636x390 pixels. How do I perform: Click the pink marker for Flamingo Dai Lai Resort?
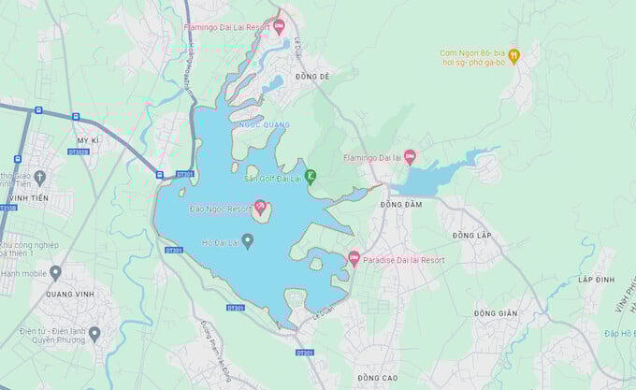(279, 25)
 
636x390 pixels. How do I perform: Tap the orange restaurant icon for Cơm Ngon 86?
(513, 56)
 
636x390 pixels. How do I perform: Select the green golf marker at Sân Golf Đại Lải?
(311, 176)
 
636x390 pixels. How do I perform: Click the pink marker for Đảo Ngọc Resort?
(260, 206)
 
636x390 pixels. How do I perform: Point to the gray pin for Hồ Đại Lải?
(247, 241)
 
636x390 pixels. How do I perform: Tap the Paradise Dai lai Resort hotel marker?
(354, 258)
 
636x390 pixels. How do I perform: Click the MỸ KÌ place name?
(87, 139)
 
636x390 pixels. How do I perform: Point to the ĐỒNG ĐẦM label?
(401, 204)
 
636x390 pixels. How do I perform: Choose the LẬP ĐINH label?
(596, 280)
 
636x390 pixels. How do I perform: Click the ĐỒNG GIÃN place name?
(495, 313)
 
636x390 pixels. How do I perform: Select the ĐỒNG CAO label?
(377, 377)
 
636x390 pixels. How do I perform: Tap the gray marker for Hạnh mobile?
(55, 272)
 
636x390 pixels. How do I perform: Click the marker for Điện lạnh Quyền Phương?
(94, 333)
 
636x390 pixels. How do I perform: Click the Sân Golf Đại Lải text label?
(272, 178)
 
